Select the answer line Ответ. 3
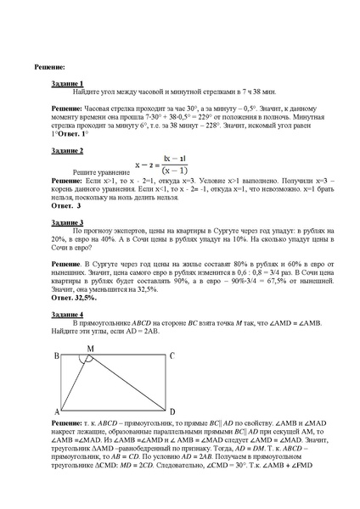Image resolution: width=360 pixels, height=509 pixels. coord(66,205)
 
